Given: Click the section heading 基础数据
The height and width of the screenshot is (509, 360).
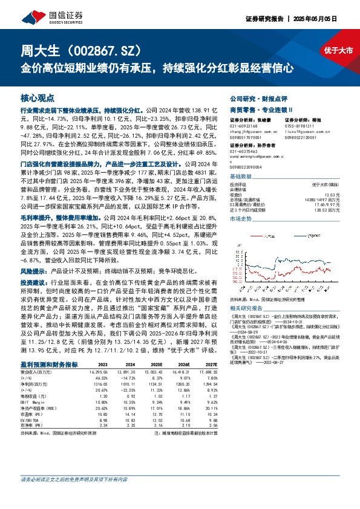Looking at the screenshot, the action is [241, 176].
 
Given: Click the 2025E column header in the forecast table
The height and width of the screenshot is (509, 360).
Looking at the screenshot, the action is [156, 365].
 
